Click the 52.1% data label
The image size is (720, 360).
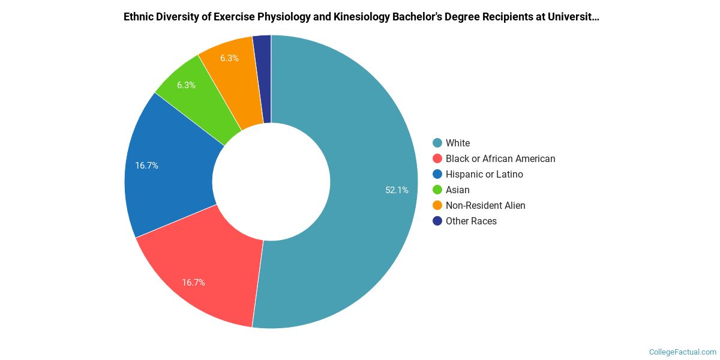[397, 190]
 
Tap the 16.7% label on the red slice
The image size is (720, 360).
[193, 282]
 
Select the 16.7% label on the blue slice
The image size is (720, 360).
[146, 166]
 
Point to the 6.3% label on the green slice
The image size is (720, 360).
[186, 85]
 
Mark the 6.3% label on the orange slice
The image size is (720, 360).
[229, 58]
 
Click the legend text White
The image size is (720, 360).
[458, 143]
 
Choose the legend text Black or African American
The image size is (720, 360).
[500, 158]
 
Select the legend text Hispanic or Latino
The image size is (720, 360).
[484, 174]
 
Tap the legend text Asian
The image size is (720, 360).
[458, 190]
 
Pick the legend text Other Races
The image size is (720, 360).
[471, 221]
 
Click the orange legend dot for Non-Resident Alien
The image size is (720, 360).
[437, 205]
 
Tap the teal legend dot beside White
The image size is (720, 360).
[437, 143]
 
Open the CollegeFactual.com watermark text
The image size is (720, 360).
[683, 352]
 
